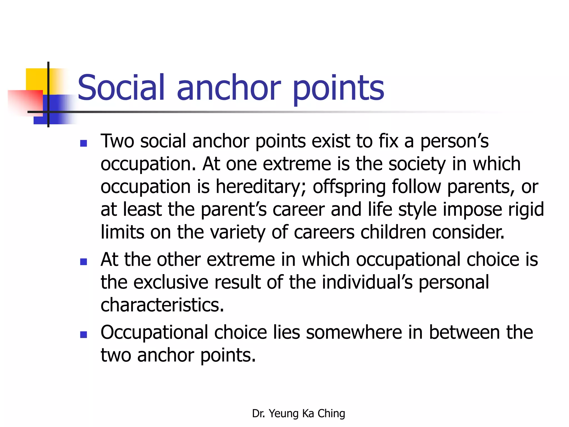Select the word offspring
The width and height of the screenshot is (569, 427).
tap(349, 187)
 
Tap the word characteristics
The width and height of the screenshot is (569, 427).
tap(162, 305)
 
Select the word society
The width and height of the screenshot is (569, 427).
tap(417, 164)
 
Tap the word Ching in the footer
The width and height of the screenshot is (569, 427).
tap(331, 414)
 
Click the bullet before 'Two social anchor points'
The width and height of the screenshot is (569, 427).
tap(83, 143)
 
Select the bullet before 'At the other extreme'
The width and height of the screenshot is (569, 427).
tap(83, 262)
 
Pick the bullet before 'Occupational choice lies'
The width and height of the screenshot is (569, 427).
tap(83, 335)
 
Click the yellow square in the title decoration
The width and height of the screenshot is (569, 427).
tap(36, 79)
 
